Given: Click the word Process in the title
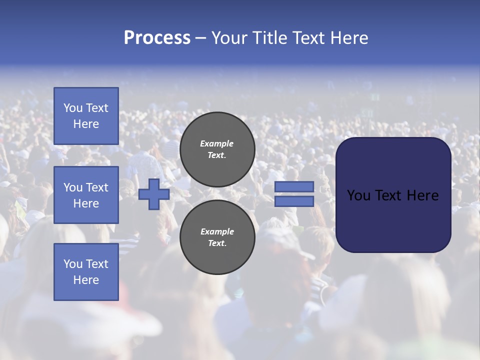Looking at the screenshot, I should pyautogui.click(x=157, y=38).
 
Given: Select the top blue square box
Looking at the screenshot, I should pyautogui.click(x=86, y=116).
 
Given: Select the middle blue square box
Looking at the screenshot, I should pyautogui.click(x=86, y=195).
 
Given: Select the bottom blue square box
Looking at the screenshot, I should pyautogui.click(x=86, y=271).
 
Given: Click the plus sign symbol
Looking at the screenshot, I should pyautogui.click(x=153, y=194).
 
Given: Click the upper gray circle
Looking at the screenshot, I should pyautogui.click(x=217, y=149).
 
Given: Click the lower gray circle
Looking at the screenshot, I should pyautogui.click(x=217, y=237).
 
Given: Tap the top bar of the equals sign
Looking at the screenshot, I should pyautogui.click(x=294, y=186).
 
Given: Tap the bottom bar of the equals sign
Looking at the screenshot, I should pyautogui.click(x=294, y=201).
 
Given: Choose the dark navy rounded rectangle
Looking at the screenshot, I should pyautogui.click(x=393, y=220).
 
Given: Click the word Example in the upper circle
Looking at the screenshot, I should pyautogui.click(x=217, y=143).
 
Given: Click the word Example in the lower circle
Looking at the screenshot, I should pyautogui.click(x=217, y=231).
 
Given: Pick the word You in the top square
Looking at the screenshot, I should pyautogui.click(x=73, y=108).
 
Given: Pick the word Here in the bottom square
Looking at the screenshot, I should pyautogui.click(x=86, y=280).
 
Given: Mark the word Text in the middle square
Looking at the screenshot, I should pyautogui.click(x=97, y=187).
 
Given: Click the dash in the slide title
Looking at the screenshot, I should pyautogui.click(x=200, y=38).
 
